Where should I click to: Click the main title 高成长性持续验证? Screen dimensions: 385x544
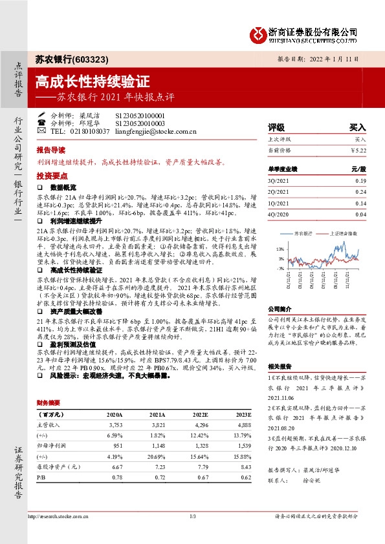[92, 82]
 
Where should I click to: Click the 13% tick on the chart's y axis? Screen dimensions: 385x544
[280, 249]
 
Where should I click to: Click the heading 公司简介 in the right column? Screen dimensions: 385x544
[280, 309]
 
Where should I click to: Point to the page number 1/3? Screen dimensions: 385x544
[192, 516]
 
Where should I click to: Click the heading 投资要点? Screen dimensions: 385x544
[52, 175]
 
